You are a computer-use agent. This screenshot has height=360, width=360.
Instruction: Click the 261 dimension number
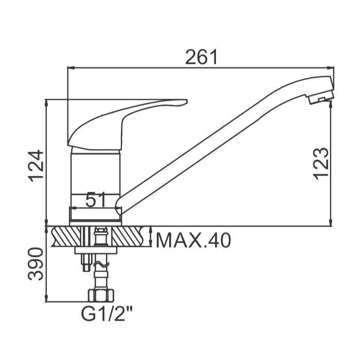click(202, 57)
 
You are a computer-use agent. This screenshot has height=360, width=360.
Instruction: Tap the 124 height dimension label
click(35, 166)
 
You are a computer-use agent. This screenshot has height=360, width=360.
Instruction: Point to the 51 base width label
click(95, 200)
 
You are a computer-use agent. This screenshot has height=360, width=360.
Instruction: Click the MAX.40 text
click(193, 240)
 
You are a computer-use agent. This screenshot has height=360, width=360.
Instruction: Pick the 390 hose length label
click(35, 264)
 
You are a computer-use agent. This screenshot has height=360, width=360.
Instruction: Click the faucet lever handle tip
click(186, 102)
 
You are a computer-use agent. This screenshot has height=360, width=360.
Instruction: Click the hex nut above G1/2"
click(101, 296)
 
